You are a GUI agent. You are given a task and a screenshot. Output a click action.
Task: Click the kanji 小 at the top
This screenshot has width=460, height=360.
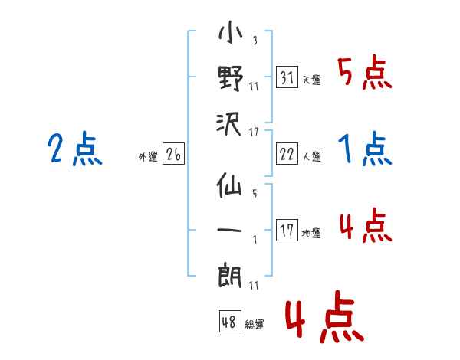231,31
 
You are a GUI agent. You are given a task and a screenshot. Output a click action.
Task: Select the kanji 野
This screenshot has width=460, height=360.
231,78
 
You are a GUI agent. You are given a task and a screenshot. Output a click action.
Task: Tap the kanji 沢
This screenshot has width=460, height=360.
229,124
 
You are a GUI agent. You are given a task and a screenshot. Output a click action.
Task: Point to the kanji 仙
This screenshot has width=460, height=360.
229,185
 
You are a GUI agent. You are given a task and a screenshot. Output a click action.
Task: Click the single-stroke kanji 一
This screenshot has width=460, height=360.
229,230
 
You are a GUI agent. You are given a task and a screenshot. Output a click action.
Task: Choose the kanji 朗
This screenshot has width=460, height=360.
230,276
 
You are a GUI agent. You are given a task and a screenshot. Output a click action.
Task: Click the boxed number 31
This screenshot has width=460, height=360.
287,77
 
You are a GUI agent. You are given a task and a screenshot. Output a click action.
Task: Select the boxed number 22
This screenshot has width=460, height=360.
287,153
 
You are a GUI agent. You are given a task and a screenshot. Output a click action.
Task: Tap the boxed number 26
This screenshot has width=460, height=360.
173,153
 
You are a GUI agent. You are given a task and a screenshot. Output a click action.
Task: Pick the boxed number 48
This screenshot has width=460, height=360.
230,321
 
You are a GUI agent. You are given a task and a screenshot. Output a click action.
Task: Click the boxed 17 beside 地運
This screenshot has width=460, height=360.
287,230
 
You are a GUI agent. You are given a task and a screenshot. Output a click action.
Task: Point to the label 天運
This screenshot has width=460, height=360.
312,80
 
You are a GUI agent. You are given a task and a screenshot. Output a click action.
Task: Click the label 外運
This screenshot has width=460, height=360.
148,156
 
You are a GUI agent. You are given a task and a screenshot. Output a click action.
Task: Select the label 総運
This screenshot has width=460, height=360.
255,324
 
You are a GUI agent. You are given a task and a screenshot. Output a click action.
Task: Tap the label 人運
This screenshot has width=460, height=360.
312,156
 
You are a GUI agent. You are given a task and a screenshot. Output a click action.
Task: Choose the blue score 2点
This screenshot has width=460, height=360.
75,149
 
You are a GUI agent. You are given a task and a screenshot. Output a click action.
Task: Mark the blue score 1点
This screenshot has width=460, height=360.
365,149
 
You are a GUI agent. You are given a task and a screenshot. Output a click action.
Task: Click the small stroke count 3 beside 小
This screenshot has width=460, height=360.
255,40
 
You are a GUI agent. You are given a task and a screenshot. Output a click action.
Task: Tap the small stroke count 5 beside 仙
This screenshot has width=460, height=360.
255,193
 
